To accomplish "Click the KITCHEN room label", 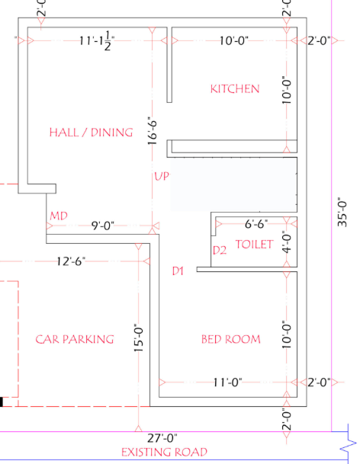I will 235,89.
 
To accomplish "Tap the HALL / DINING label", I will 91,133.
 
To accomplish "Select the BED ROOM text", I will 230,339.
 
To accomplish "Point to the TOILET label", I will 253,245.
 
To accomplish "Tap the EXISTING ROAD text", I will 164,453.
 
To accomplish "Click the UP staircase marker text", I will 161,177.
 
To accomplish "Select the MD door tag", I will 59,216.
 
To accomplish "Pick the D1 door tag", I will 178,270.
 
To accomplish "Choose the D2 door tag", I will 220,250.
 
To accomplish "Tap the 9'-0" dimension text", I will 102,226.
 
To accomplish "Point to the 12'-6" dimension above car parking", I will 71,261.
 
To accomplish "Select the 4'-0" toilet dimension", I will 287,243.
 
